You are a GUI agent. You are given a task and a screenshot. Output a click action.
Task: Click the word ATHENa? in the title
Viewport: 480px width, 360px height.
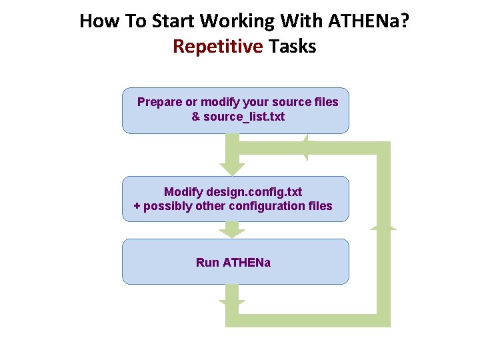(x=369, y=21)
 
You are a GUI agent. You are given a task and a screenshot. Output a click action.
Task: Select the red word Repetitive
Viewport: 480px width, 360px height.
(x=217, y=47)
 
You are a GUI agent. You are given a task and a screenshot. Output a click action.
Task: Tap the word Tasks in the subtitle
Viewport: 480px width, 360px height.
(x=292, y=47)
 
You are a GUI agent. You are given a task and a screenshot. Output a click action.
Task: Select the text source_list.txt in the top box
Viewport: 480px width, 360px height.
(x=244, y=117)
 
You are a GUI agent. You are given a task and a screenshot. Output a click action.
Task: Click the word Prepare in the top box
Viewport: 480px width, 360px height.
(x=159, y=102)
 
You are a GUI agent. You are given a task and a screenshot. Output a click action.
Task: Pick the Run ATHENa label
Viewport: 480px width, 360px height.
(x=233, y=263)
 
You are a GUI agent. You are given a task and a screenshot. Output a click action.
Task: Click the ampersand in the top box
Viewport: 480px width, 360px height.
(x=195, y=117)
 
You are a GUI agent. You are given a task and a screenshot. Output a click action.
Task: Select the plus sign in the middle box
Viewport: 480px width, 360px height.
(x=137, y=206)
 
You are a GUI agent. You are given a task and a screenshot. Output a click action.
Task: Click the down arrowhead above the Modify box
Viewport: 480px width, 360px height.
(x=232, y=169)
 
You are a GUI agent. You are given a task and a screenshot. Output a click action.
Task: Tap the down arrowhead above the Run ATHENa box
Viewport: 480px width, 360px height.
(x=232, y=233)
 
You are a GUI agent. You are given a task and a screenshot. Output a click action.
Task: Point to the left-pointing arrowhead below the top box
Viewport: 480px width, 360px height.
(x=307, y=148)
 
